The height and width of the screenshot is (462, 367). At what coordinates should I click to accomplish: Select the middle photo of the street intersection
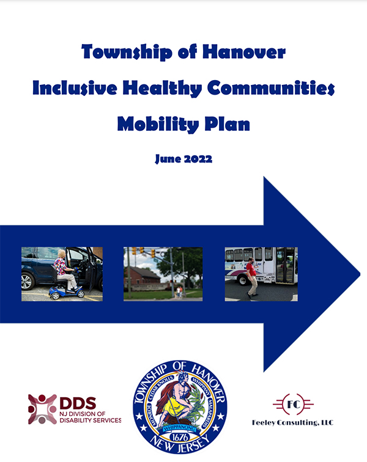point(163,273)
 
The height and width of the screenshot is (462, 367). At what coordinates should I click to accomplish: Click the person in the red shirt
point(251,275)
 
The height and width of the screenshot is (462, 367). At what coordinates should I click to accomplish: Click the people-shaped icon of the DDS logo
point(42,408)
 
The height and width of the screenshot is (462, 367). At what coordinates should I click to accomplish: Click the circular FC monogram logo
point(293,405)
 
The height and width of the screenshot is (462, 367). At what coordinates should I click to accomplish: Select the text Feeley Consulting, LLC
point(293,422)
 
